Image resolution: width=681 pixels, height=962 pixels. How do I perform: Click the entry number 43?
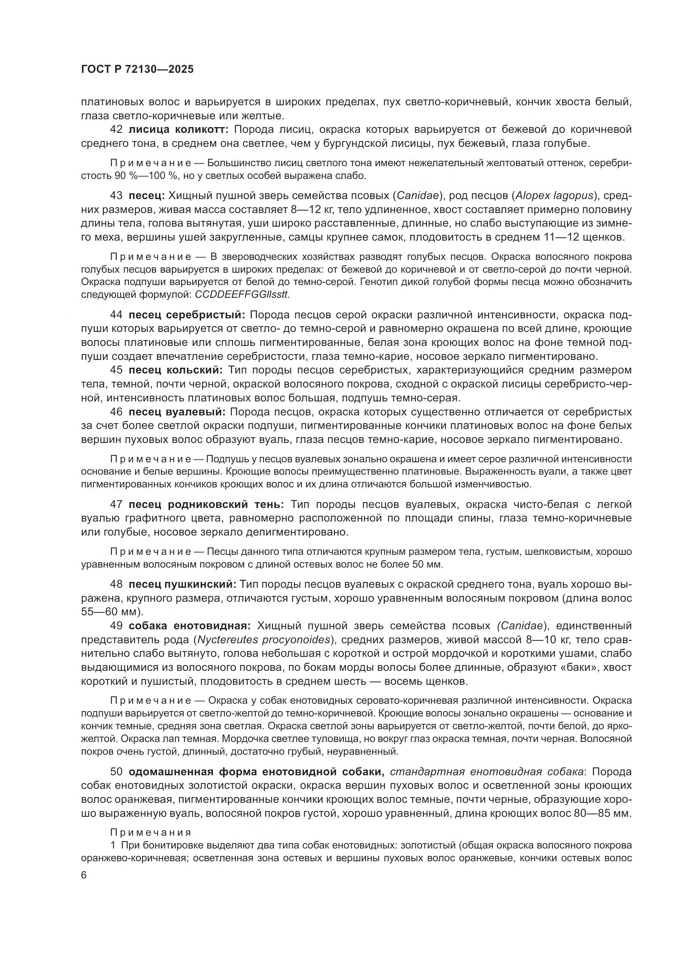point(116,196)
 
